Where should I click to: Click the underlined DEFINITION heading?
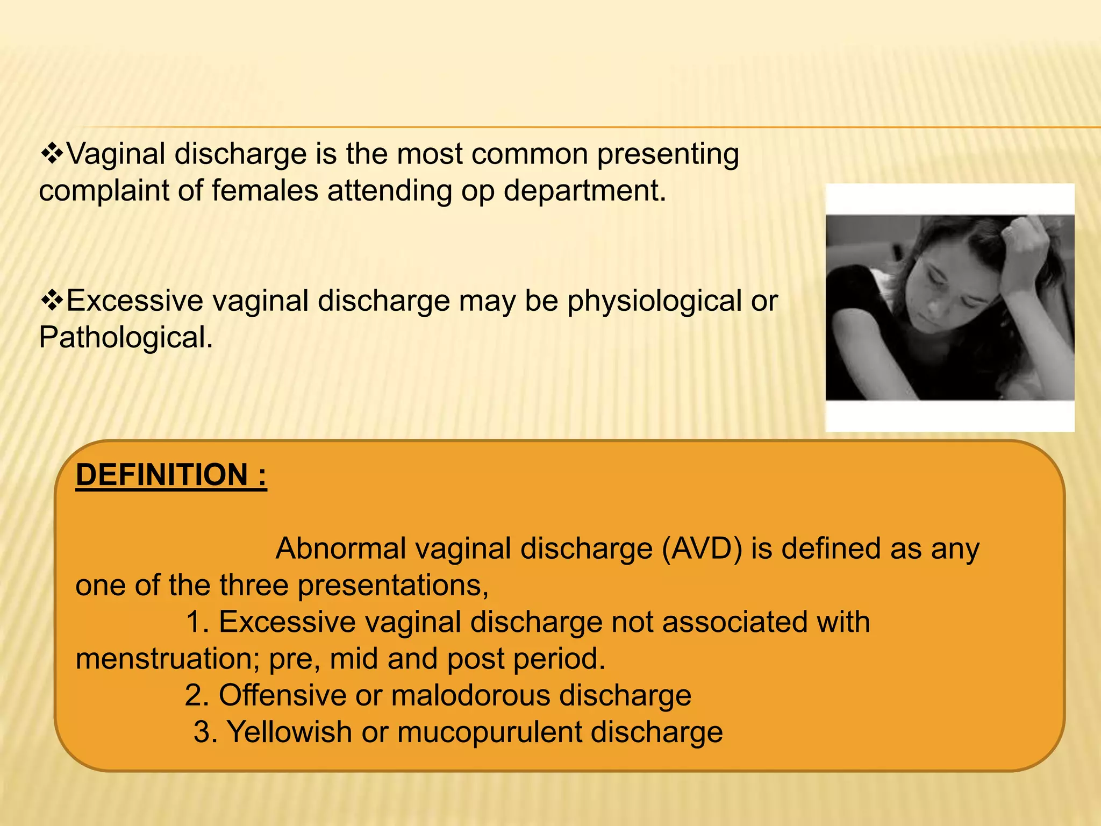coord(171,475)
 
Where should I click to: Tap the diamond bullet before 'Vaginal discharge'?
coord(52,154)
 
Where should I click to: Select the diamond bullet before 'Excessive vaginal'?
coord(52,300)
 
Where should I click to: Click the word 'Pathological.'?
coord(126,338)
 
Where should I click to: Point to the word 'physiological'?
coord(654,301)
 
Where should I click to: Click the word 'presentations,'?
coord(393,586)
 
